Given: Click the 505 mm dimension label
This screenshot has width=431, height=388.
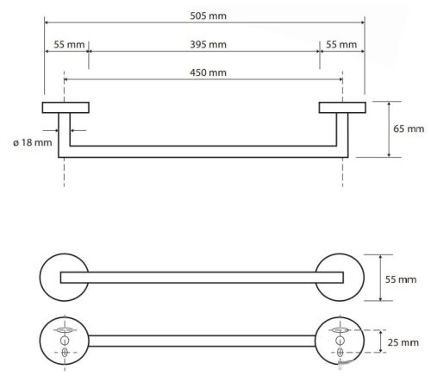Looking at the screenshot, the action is coord(208,16).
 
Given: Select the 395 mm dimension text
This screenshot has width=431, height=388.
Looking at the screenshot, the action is coord(208,45).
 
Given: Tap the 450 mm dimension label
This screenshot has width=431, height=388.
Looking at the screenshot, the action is coord(208,72).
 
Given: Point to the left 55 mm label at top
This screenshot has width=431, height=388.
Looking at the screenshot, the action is coord(69,45).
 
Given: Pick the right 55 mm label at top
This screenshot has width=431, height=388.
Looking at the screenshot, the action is coord(341,45).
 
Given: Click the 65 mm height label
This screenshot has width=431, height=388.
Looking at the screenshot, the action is coord(409,128).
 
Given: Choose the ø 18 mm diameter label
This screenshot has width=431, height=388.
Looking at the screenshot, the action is coord(33,142).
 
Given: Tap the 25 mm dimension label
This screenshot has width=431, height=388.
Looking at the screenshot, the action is coord(403,342).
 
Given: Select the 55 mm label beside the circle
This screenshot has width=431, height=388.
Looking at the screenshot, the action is coord(401,279).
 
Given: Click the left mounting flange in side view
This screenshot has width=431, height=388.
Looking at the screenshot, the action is coord(66,108).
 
